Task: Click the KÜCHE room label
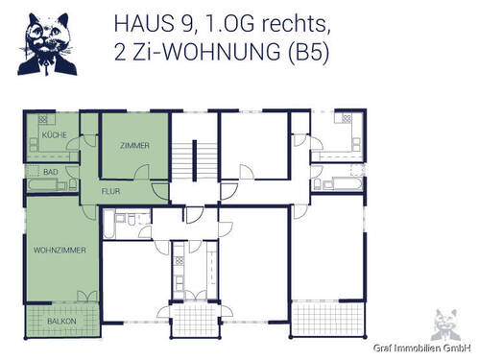[x=55, y=136]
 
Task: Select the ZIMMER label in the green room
[x=134, y=145]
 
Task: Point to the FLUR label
[x=110, y=190]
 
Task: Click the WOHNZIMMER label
[x=60, y=250]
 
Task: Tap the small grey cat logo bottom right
[x=443, y=324]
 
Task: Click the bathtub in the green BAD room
[x=42, y=182]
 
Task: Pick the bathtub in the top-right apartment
[x=345, y=182]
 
